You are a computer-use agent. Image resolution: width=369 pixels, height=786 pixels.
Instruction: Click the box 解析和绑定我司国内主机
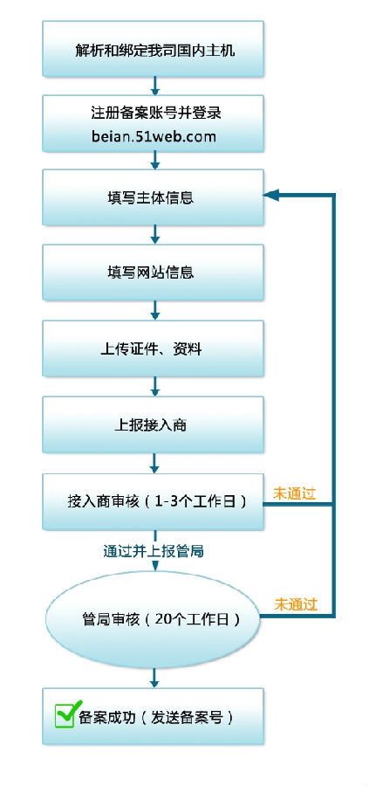[154, 47]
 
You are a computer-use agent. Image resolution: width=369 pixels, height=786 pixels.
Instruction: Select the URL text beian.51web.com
[153, 137]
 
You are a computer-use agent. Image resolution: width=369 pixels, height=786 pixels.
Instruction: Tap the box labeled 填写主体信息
[154, 197]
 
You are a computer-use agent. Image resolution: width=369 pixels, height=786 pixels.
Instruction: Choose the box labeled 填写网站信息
[154, 272]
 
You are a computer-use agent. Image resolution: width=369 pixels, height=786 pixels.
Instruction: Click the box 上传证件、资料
[154, 348]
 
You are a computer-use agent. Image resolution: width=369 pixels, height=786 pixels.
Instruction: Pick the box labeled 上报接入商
[154, 425]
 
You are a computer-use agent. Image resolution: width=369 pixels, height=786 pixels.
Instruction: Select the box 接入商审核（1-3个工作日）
[154, 502]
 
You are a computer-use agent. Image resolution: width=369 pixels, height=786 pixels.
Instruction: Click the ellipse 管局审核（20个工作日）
[154, 619]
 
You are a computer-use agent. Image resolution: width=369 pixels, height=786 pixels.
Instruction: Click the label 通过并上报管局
[154, 551]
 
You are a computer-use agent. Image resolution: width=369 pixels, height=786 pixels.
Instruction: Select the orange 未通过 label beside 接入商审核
[295, 493]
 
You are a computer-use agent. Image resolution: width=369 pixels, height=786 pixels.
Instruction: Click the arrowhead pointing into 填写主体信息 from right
[272, 196]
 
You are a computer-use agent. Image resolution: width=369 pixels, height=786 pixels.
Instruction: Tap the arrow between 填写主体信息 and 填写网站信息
[154, 234]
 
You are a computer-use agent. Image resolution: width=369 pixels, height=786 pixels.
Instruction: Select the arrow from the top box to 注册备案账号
[154, 86]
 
